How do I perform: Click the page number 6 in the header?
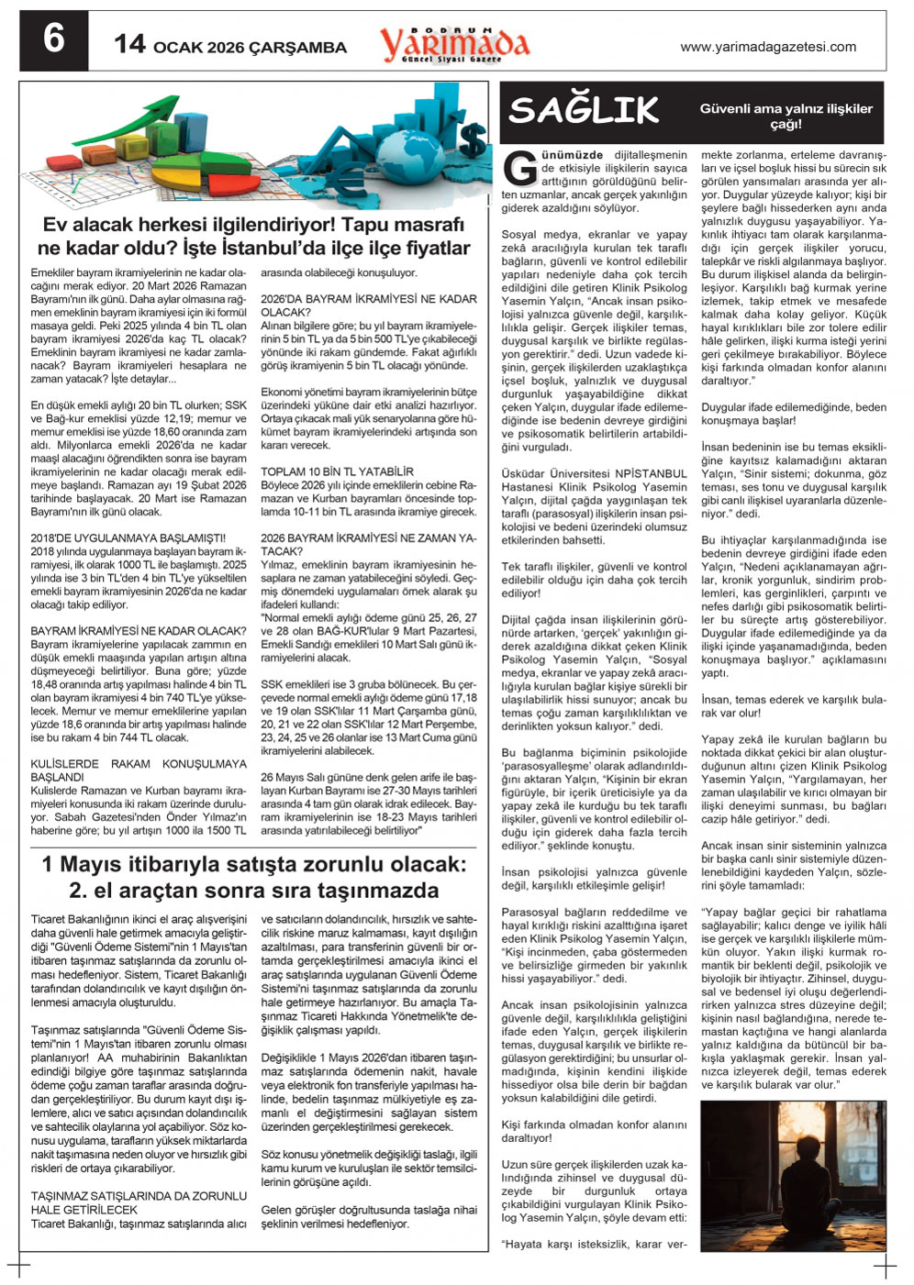[54, 39]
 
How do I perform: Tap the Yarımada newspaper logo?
[455, 43]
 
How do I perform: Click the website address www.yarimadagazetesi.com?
[768, 47]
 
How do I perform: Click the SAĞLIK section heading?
[585, 111]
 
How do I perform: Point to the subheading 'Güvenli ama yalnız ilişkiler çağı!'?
[786, 116]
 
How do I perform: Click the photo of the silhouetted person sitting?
[792, 1176]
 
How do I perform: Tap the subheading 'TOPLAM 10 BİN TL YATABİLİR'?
[337, 471]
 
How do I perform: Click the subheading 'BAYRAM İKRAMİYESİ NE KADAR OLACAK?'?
[139, 631]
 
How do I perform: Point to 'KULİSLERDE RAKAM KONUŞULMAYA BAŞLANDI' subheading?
[139, 770]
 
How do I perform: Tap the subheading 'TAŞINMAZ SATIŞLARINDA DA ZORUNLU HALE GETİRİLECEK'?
[139, 1202]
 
